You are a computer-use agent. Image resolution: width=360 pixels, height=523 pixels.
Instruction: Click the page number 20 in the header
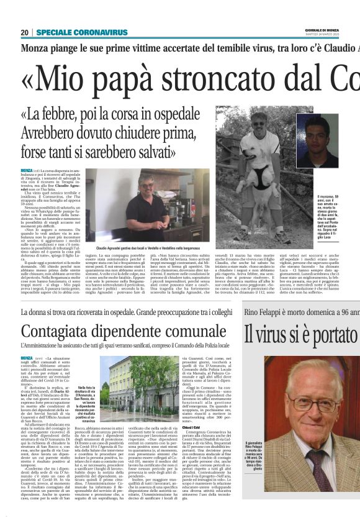(x=25, y=32)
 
